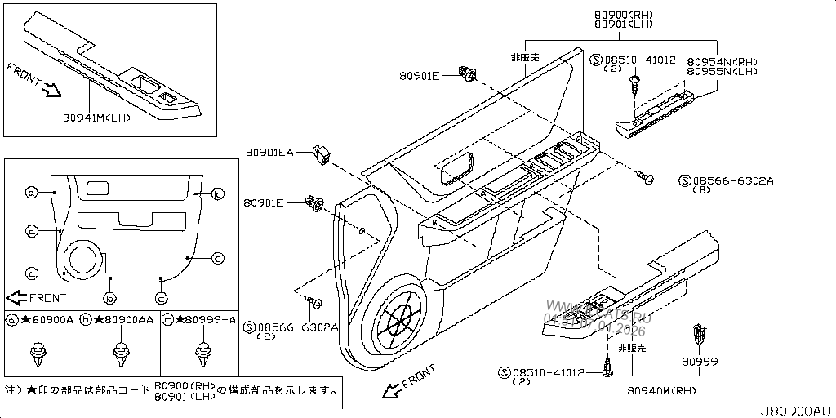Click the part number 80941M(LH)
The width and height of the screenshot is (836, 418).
(x=96, y=118)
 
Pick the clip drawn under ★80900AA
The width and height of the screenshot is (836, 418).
(x=119, y=351)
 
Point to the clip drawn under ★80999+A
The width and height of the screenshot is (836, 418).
(x=201, y=351)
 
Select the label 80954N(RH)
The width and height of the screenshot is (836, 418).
(x=723, y=61)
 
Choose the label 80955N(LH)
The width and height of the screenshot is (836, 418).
(x=723, y=72)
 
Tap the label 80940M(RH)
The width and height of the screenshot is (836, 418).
(x=662, y=391)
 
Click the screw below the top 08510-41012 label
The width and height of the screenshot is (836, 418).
(x=636, y=83)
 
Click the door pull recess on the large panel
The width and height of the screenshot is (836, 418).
(x=457, y=167)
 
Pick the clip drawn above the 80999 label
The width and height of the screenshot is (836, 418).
(x=696, y=335)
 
